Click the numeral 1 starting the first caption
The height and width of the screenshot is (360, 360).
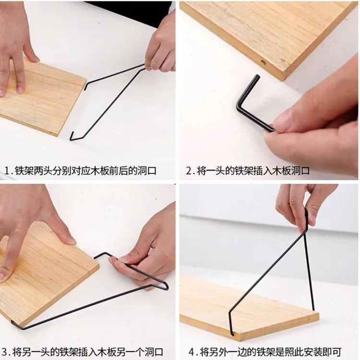click(7, 170)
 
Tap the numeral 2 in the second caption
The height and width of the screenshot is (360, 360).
click(189, 170)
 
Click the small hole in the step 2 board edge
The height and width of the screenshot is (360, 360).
click(262, 62)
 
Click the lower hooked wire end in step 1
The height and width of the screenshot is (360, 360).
click(72, 137)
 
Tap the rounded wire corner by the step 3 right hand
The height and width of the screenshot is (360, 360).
click(166, 287)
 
